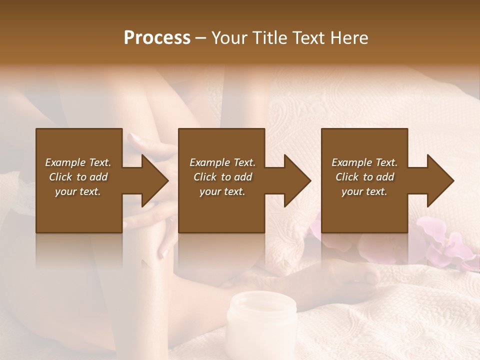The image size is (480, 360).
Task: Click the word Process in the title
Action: pos(157,38)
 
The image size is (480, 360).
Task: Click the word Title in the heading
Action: pos(270,38)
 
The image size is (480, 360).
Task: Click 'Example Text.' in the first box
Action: pos(78,162)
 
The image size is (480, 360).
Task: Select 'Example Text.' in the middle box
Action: pos(222,162)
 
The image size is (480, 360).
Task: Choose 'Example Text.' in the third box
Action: pos(364,162)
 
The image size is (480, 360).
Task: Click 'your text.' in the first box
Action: pos(78,191)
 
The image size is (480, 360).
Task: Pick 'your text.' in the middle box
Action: pos(222,191)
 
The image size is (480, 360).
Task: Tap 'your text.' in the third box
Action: pos(364,191)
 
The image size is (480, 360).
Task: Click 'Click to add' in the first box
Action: pos(78,177)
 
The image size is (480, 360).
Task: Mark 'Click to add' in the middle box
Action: pos(222,177)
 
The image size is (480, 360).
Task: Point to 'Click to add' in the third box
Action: pos(364,177)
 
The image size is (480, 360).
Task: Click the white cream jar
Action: pos(261,320)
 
